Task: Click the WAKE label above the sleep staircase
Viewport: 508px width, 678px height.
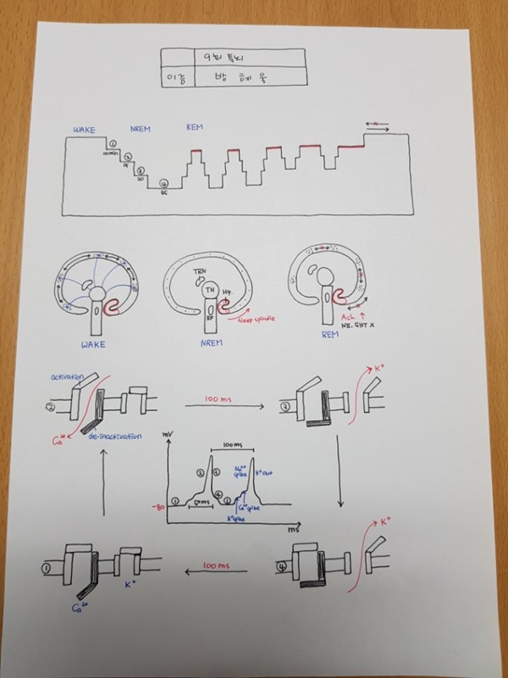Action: click(81, 128)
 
